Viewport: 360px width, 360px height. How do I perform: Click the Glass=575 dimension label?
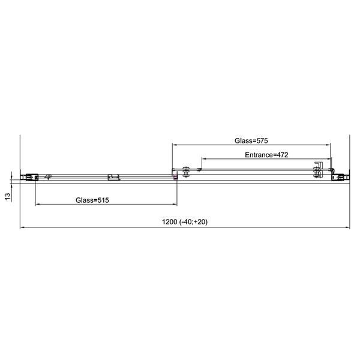tap(251, 140)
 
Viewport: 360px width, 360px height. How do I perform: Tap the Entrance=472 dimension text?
tap(266, 155)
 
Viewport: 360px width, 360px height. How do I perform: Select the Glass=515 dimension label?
tap(92, 200)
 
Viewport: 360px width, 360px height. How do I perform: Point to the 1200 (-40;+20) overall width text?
tap(185, 222)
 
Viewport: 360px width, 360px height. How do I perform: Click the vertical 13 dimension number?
tap(8, 197)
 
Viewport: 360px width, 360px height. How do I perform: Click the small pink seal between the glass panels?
tap(175, 177)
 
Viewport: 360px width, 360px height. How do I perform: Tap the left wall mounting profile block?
tap(29, 178)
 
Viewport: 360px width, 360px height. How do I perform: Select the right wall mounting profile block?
tap(340, 177)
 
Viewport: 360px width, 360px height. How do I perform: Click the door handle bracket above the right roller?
tap(319, 166)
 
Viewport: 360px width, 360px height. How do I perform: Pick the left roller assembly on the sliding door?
tap(186, 172)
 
